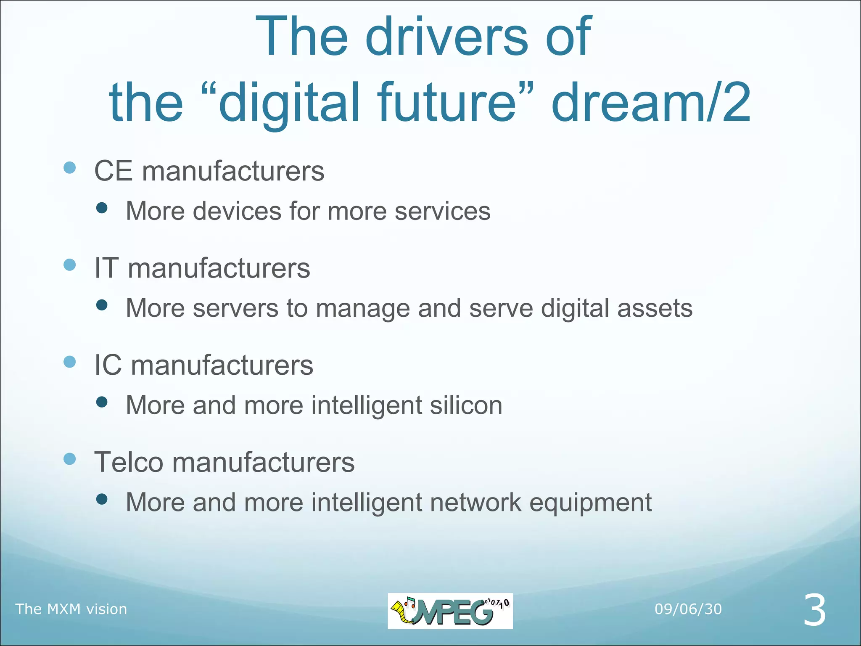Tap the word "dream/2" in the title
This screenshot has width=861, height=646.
tap(651, 103)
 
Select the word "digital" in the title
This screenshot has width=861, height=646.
tap(290, 103)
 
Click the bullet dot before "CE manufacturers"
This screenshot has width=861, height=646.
tap(70, 168)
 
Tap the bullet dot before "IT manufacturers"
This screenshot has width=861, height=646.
tap(70, 265)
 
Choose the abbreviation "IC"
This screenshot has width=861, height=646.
tap(108, 365)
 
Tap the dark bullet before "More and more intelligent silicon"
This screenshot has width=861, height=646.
tap(102, 402)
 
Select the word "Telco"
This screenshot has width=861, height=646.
tap(129, 462)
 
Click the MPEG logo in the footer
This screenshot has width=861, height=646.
tap(450, 611)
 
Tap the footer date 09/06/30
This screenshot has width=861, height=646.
tap(688, 609)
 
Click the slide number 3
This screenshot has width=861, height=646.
tap(814, 610)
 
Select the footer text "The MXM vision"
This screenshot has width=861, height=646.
tap(71, 609)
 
